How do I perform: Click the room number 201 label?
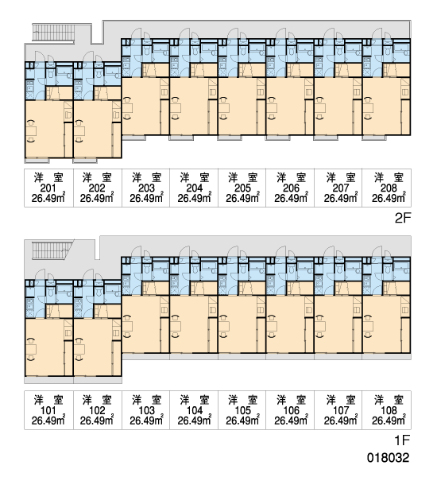coord(48,188)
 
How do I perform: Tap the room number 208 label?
coord(389,188)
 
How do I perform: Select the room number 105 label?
coord(242,410)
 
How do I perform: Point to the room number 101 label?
coord(48,410)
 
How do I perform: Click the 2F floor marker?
coord(403,218)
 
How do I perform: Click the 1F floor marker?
coord(403,440)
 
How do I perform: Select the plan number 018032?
coord(389,458)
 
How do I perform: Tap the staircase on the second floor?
coord(53,33)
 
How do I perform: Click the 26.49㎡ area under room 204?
coord(195,198)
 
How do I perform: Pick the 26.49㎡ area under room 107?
coord(340,420)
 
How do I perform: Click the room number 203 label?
coord(146,188)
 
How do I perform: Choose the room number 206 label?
coord(291,188)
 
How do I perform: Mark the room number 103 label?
coord(146,410)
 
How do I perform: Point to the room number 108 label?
coord(389,410)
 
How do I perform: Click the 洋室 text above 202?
coord(97,177)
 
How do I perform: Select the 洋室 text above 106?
coord(291,400)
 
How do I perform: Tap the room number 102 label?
coord(97,410)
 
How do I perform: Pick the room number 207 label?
coord(340,188)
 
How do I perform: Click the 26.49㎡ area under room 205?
coord(242,198)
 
